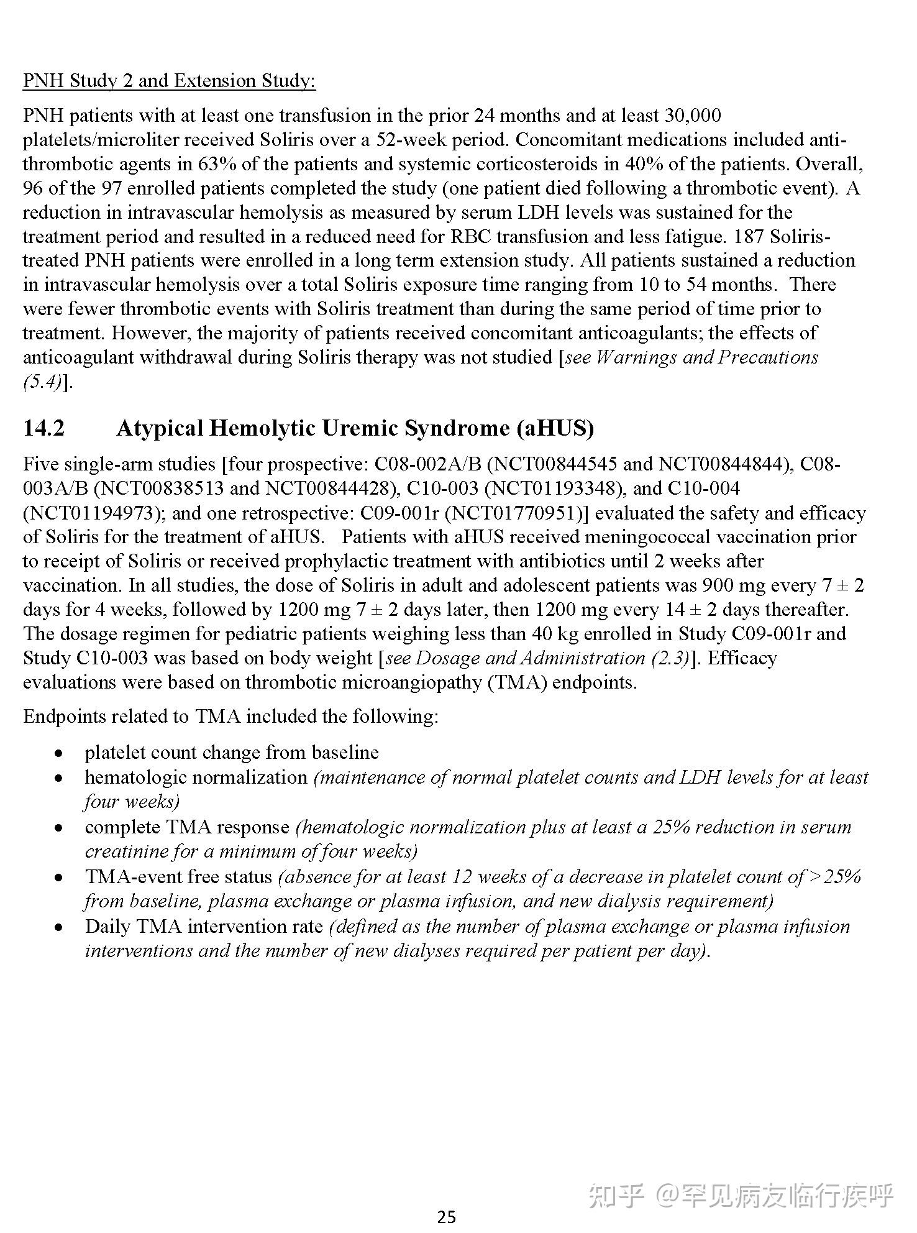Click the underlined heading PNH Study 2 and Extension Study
click(x=169, y=81)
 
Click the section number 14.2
click(x=43, y=429)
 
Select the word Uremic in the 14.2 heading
click(x=361, y=429)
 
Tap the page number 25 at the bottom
click(x=446, y=1217)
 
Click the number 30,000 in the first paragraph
click(x=693, y=116)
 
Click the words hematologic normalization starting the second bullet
click(x=196, y=777)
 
